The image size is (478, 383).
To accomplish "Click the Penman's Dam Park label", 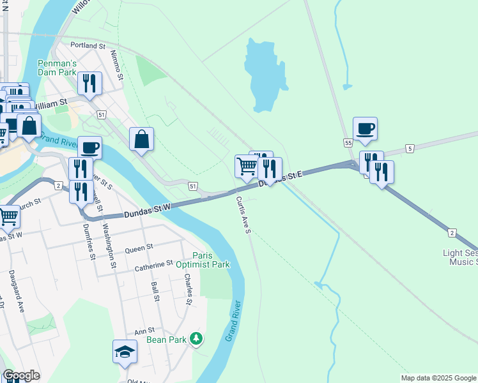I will pyautogui.click(x=57, y=68).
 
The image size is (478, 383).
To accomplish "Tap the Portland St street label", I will pyautogui.click(x=88, y=46).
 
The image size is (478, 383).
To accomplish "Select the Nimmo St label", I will pyautogui.click(x=116, y=65).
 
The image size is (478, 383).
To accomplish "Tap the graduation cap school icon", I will pyautogui.click(x=125, y=351).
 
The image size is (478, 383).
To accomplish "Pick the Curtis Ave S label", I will pyautogui.click(x=242, y=214).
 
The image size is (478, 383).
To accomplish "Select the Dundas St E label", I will pyautogui.click(x=279, y=179).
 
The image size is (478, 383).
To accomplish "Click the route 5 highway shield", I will pyautogui.click(x=410, y=149).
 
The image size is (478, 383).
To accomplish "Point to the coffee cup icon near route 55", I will pyautogui.click(x=365, y=129).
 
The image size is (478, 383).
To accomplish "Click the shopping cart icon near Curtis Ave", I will pyautogui.click(x=246, y=167).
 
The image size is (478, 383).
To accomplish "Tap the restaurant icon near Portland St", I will pyautogui.click(x=89, y=83).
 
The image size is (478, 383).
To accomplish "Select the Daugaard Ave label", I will pyautogui.click(x=16, y=290).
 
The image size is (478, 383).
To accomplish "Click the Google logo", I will pyautogui.click(x=20, y=375).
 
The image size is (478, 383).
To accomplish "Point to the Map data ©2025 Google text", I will pyautogui.click(x=438, y=378).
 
